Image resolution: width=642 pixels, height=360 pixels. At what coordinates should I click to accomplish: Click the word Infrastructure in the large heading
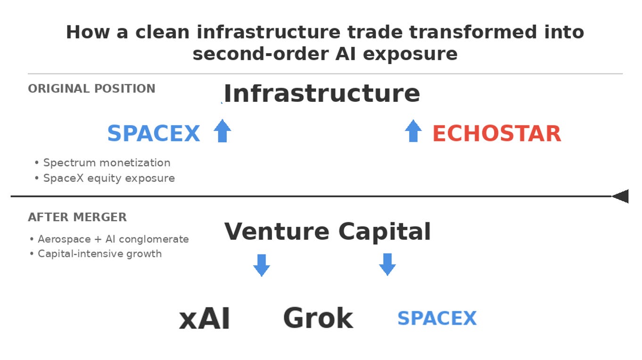(321, 93)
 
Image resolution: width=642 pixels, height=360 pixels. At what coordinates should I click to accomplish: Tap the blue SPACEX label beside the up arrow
(154, 133)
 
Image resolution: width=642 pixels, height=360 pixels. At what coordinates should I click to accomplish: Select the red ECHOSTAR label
(496, 133)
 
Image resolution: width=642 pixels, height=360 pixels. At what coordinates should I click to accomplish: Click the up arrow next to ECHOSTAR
(413, 131)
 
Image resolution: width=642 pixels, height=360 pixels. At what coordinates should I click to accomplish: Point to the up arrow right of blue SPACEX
(222, 131)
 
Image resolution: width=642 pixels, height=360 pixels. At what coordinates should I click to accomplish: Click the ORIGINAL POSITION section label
(91, 89)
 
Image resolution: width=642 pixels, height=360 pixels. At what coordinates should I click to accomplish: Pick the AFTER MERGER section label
(77, 217)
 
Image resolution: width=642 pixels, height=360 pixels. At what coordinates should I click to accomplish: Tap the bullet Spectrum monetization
(107, 163)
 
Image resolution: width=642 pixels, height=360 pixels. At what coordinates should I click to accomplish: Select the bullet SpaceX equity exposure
(109, 178)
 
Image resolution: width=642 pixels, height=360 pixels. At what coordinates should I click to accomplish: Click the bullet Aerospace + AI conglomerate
(113, 239)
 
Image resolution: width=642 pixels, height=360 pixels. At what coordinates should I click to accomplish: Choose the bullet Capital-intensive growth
(99, 254)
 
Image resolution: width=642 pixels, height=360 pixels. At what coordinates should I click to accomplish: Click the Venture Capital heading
(327, 231)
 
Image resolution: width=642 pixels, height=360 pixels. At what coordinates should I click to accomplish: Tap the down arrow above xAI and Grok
(262, 265)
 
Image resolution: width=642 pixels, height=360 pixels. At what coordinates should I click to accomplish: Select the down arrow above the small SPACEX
(387, 264)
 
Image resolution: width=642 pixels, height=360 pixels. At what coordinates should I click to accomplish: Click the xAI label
(205, 319)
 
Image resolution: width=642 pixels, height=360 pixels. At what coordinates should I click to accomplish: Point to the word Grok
(318, 318)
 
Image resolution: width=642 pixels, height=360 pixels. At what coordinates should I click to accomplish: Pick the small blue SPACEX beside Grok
(437, 318)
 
